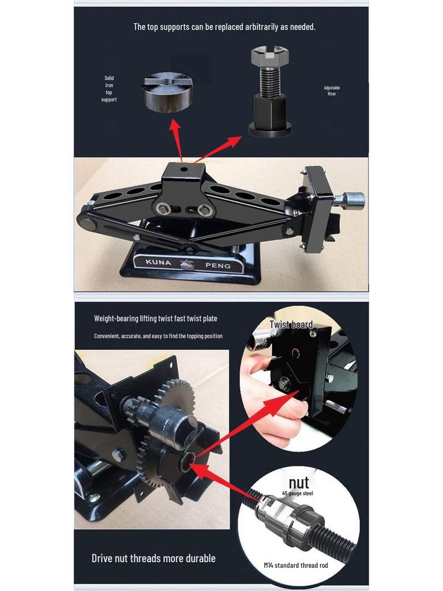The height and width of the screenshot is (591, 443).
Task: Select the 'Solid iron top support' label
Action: (x=109, y=89)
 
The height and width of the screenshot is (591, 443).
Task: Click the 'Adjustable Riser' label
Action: (x=332, y=91)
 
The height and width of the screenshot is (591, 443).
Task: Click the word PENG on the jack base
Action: (x=218, y=266)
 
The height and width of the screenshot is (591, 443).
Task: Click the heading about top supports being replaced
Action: (x=224, y=27)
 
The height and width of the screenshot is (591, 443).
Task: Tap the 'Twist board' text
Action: (x=291, y=325)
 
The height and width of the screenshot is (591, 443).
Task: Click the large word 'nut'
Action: (x=299, y=482)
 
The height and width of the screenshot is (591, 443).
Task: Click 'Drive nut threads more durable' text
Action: (x=153, y=558)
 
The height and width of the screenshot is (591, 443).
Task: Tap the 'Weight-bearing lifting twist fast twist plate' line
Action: (x=156, y=319)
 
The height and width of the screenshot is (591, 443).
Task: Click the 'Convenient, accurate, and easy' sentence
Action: (x=158, y=336)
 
